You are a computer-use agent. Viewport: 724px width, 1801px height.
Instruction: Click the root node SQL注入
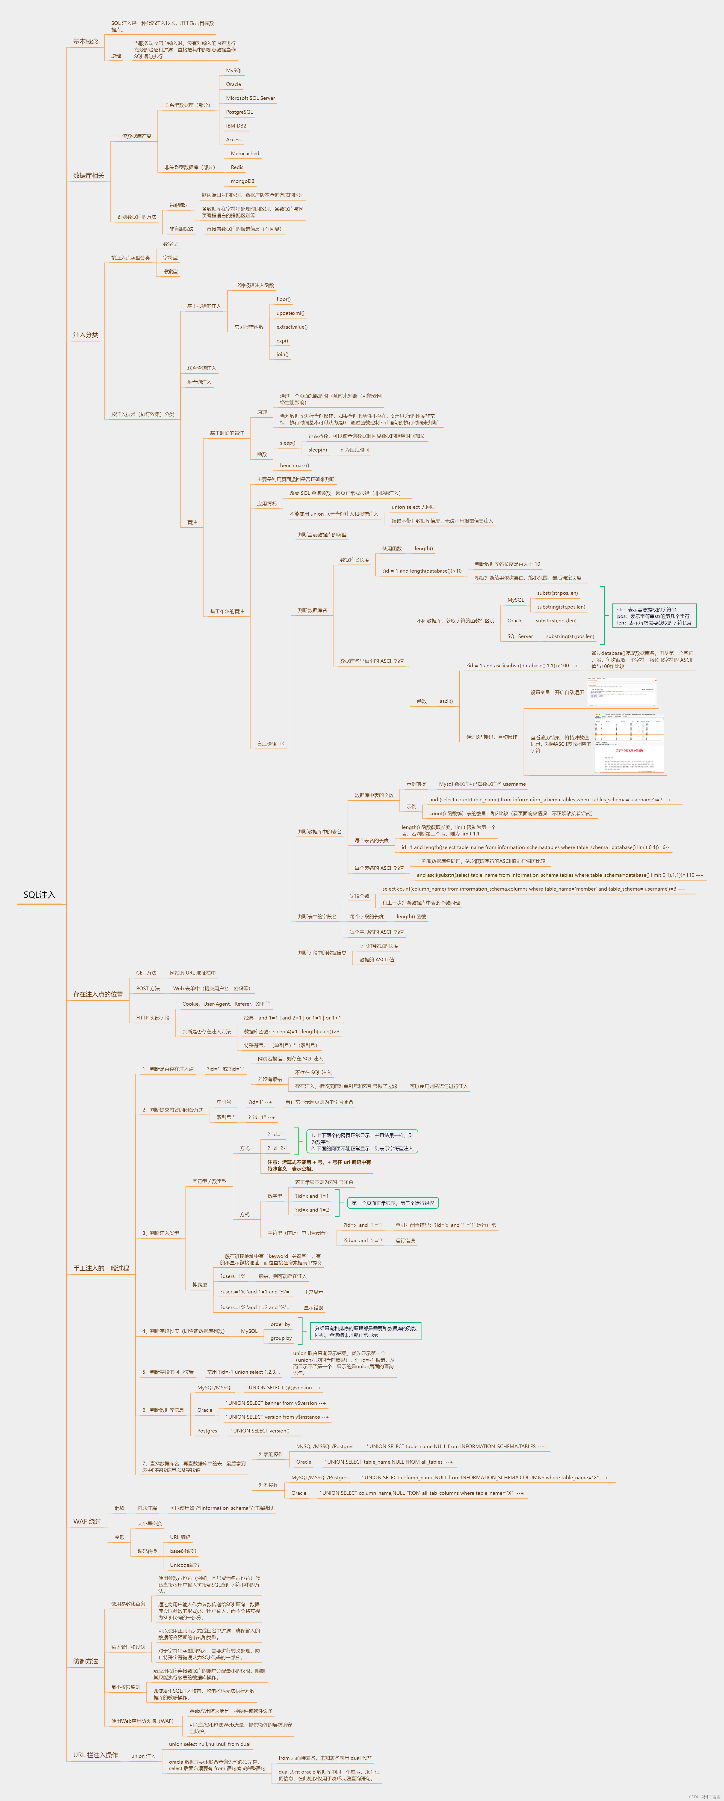(39, 895)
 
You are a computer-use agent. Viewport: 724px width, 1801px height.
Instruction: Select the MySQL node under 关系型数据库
(234, 71)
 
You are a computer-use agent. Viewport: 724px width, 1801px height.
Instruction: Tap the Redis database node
(237, 167)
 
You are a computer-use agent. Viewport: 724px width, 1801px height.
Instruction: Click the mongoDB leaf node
(242, 181)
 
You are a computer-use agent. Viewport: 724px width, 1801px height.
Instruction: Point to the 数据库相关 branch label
(89, 175)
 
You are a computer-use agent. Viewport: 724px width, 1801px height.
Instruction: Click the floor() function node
(283, 299)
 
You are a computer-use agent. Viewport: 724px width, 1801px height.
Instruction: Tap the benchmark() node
(294, 466)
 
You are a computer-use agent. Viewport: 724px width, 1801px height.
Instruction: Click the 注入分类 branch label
(85, 335)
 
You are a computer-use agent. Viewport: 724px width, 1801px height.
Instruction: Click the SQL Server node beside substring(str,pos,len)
(520, 636)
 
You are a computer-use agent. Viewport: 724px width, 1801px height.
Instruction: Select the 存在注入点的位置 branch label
(98, 994)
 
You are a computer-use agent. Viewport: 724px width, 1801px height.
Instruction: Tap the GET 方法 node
(146, 972)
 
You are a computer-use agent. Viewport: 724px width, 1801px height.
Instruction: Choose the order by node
(280, 1324)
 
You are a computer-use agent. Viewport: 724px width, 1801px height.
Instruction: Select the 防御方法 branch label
(85, 1661)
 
